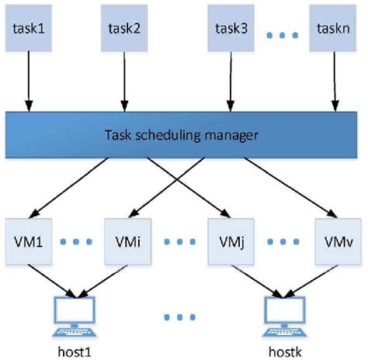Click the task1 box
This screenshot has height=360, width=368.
[28, 29]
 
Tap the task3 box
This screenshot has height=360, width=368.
[231, 29]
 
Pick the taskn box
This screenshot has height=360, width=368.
[334, 29]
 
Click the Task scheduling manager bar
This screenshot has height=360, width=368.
[183, 133]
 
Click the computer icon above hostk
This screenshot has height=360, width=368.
[283, 314]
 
